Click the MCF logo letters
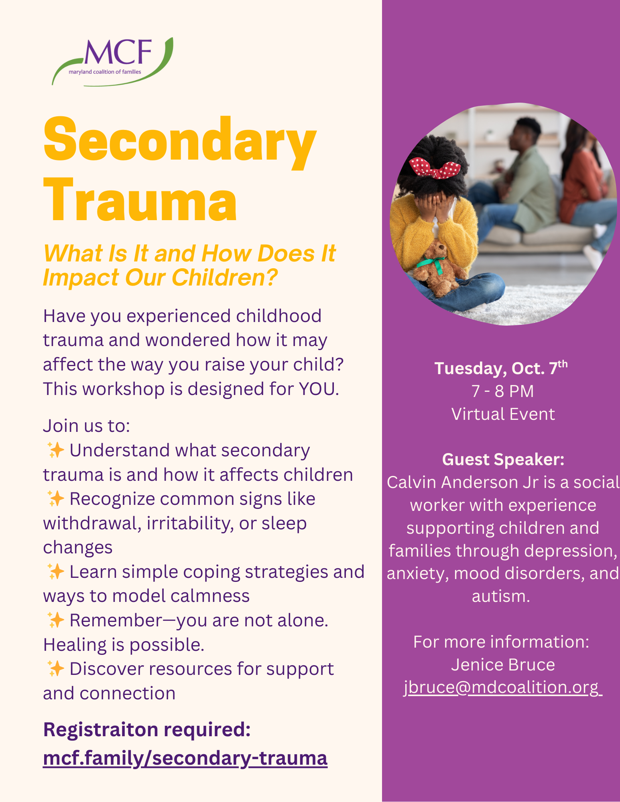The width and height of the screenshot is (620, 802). click(x=118, y=52)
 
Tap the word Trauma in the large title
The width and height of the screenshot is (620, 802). click(x=140, y=200)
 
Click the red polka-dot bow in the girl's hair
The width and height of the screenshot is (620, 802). click(x=434, y=168)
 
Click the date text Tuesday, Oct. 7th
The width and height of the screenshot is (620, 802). click(x=501, y=368)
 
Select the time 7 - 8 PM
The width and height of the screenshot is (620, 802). click(x=502, y=391)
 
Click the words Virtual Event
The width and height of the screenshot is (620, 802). click(x=503, y=414)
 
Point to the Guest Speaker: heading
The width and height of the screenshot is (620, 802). click(x=503, y=459)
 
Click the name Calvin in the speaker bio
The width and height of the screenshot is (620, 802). click(x=411, y=482)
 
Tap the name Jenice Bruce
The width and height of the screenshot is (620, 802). click(x=503, y=664)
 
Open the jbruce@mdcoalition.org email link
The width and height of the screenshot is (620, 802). click(x=503, y=687)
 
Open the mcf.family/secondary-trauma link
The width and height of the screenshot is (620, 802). click(x=185, y=758)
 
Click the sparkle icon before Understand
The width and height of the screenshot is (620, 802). click(x=55, y=450)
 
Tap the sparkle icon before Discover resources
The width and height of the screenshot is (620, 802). click(x=55, y=668)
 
